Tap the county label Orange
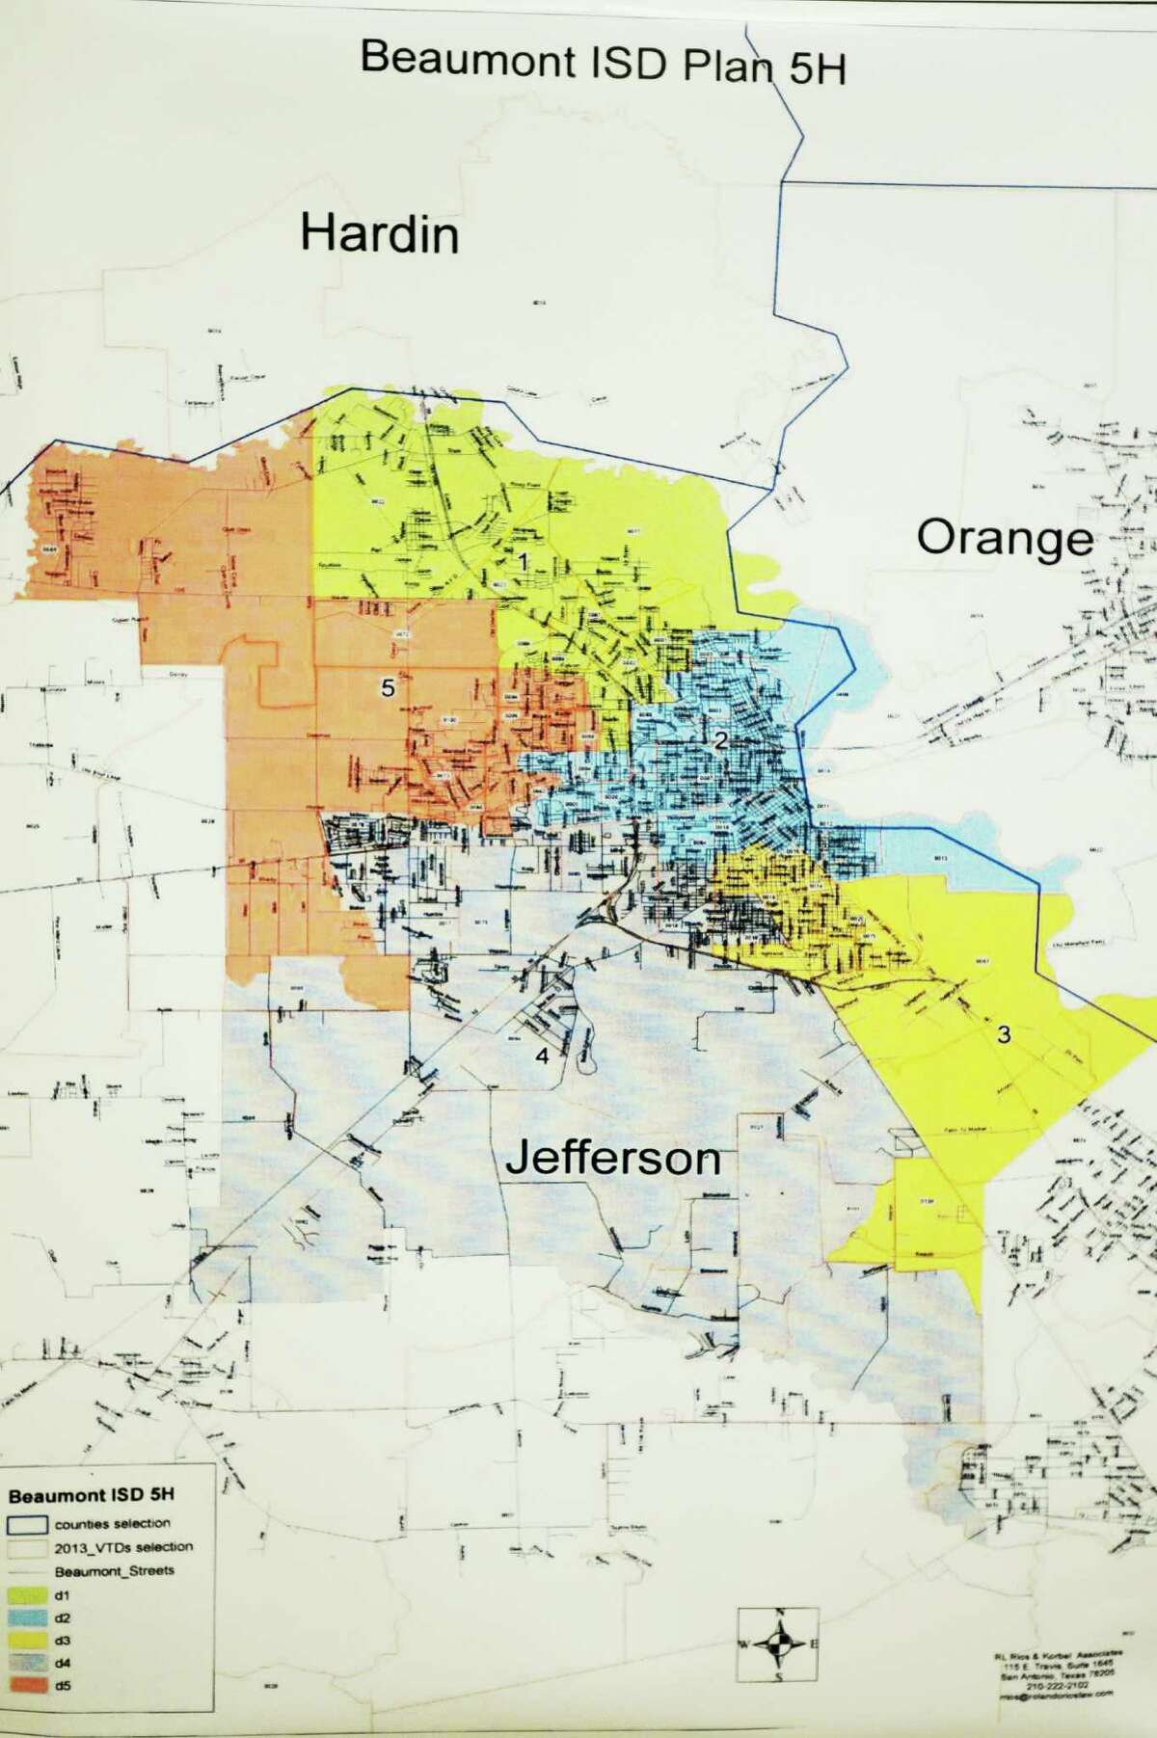coord(1005,538)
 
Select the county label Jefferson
coord(613,1158)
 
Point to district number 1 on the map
coord(523,561)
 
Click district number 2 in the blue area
coord(718,740)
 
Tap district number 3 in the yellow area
coord(1004,1035)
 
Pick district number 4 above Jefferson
coord(542,1056)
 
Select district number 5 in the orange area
coord(388,687)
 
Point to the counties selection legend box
coord(29,1524)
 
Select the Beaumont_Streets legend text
coord(114,1569)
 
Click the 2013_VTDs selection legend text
coord(123,1546)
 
